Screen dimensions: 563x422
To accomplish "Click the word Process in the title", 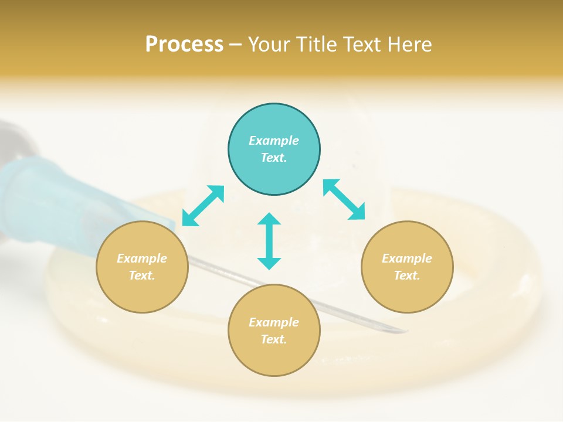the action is click(184, 44).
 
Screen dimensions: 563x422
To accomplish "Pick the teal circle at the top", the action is click(274, 149).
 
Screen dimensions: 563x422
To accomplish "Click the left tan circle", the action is click(142, 267).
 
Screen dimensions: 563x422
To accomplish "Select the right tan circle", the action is click(407, 267).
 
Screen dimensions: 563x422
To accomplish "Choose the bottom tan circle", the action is click(274, 331).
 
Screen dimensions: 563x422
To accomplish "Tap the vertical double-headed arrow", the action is click(269, 241).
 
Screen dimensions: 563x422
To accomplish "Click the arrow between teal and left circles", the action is click(204, 206).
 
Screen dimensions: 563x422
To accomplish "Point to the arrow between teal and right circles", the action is click(344, 199).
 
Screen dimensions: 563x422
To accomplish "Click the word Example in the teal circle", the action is click(274, 141).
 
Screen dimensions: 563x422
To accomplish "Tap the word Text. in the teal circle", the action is click(274, 158).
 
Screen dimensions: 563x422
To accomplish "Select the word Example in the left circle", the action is click(142, 258).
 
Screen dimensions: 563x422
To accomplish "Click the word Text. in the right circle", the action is click(407, 275).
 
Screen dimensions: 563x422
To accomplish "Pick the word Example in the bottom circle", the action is click(274, 322).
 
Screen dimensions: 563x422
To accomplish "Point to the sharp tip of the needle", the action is click(407, 331).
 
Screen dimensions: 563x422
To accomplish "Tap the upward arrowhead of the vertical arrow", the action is click(269, 219).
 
